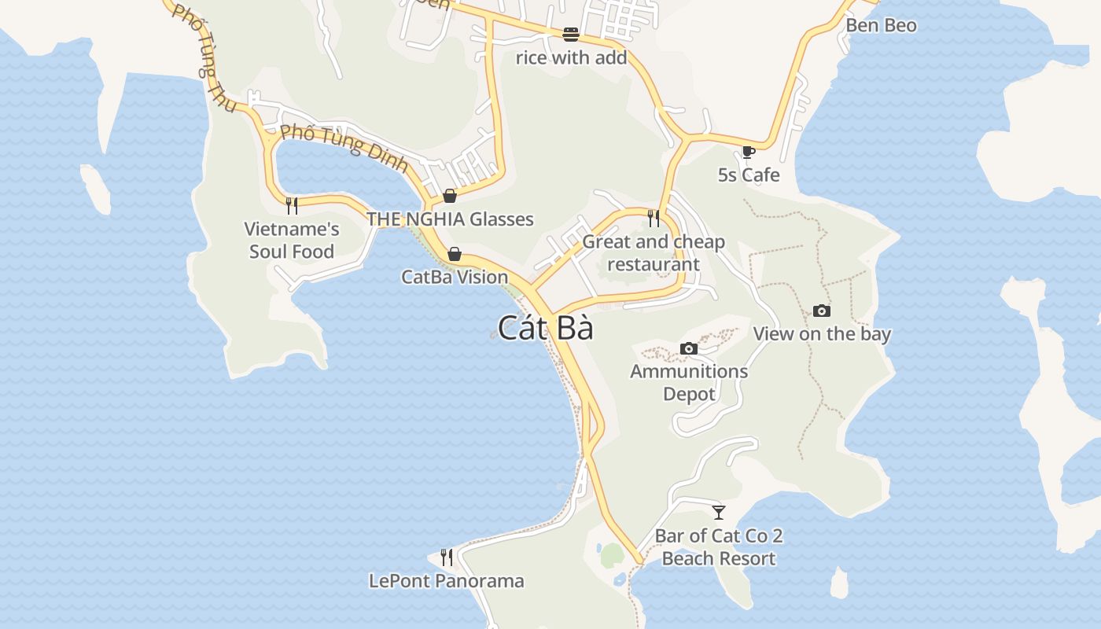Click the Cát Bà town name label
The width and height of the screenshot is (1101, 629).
tap(546, 328)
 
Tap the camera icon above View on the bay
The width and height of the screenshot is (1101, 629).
tap(821, 311)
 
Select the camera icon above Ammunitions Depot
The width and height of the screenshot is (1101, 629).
tap(688, 348)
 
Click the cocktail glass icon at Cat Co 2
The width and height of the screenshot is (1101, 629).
tap(718, 513)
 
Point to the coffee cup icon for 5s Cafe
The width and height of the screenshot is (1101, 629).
tap(748, 152)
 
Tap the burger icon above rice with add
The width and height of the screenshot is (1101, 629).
tap(570, 35)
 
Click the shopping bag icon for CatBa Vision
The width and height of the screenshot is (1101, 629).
tap(454, 254)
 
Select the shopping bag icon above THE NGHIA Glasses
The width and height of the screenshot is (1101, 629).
tap(450, 196)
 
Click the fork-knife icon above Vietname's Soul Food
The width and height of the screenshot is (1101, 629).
tap(292, 206)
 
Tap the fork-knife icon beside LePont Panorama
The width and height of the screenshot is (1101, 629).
tap(447, 557)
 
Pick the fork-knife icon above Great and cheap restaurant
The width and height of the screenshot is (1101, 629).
tap(654, 218)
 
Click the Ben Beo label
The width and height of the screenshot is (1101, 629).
tap(881, 25)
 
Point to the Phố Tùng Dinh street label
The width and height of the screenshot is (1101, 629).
tap(344, 147)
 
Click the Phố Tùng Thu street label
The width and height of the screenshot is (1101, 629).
tap(203, 57)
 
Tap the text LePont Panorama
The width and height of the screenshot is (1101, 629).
tap(446, 581)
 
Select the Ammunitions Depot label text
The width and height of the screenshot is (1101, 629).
tap(689, 382)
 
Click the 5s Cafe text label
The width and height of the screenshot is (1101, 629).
tap(749, 175)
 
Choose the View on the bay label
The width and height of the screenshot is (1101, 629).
tap(822, 333)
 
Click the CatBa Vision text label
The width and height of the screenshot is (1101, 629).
tap(455, 277)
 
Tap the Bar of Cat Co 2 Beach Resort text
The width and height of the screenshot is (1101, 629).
tap(719, 547)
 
